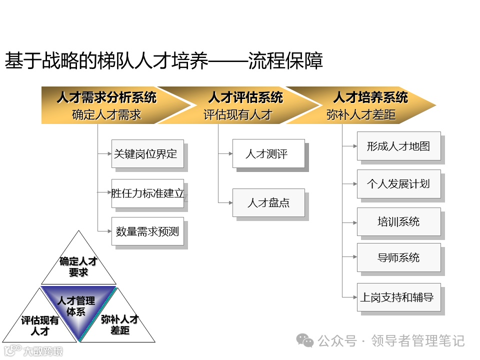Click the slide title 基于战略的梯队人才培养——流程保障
click(163, 61)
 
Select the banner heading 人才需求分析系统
click(106, 97)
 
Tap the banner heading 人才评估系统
click(245, 97)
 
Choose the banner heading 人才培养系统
click(370, 97)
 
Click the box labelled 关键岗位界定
click(147, 153)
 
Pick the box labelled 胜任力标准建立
click(147, 193)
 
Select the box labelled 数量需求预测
click(147, 231)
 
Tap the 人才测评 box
click(268, 153)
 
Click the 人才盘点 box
click(268, 202)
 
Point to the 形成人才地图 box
click(398, 146)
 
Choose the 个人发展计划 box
click(398, 183)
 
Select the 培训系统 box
click(398, 221)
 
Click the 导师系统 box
click(398, 257)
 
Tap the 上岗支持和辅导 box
click(398, 297)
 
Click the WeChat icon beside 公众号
click(305, 340)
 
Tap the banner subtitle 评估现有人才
click(237, 115)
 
